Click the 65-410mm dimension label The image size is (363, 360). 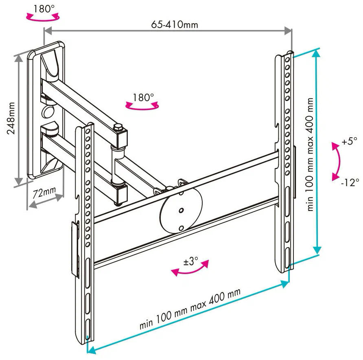[175, 24]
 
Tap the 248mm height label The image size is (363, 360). [11, 118]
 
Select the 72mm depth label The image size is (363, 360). [44, 192]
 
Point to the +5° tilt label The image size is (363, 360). [350, 141]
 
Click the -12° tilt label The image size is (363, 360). [350, 182]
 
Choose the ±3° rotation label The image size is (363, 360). [191, 261]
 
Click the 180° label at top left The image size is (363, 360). [44, 9]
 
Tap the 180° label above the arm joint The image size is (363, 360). [143, 97]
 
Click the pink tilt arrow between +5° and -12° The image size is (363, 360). [339, 161]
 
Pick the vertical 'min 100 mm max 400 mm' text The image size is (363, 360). [310, 154]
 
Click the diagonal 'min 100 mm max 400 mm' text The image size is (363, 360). [190, 309]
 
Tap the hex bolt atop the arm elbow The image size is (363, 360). [118, 127]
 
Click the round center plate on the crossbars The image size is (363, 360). [181, 211]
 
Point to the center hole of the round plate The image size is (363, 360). [181, 211]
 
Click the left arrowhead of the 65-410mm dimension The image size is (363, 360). [48, 31]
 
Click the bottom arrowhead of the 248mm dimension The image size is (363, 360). [19, 182]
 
